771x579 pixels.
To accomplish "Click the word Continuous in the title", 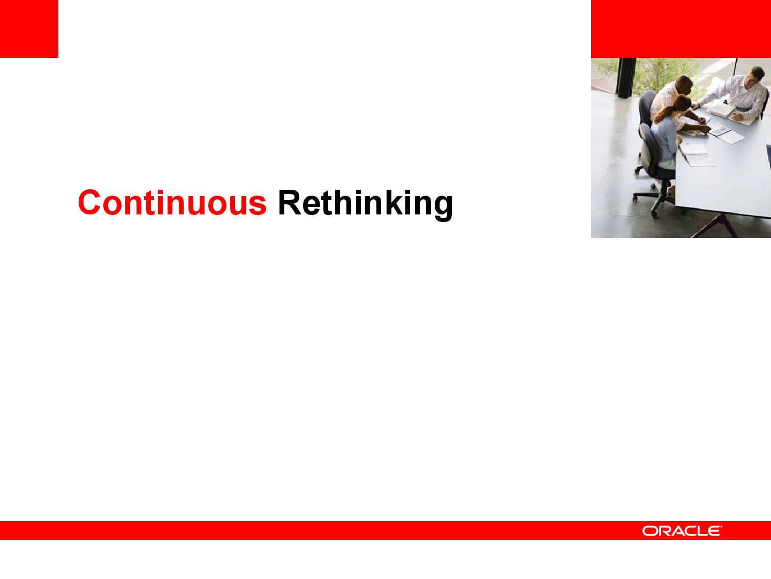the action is pyautogui.click(x=172, y=203).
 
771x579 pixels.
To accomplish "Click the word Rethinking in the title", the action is pyautogui.click(x=365, y=205).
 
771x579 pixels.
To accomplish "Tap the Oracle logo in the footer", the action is pyautogui.click(x=682, y=531).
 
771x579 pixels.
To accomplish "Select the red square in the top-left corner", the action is pyautogui.click(x=29, y=29).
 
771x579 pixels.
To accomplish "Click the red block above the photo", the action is pyautogui.click(x=681, y=29).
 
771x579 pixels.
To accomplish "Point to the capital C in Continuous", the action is pyautogui.click(x=89, y=203).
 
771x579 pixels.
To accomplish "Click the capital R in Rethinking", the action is pyautogui.click(x=290, y=202).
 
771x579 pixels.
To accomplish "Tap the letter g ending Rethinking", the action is pyautogui.click(x=443, y=208).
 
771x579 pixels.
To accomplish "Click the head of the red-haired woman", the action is pyautogui.click(x=682, y=105).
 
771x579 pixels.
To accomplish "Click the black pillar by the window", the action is pyautogui.click(x=626, y=78).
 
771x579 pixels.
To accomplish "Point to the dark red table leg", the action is pyautogui.click(x=716, y=226).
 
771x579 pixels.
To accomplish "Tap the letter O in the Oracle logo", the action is pyautogui.click(x=649, y=531).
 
